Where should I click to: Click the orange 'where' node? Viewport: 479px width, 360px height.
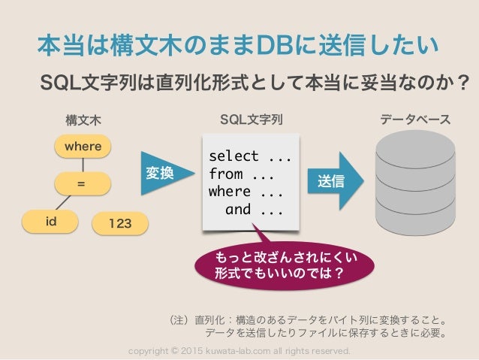pyautogui.click(x=83, y=146)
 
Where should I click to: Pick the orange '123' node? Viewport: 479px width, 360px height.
pyautogui.click(x=120, y=222)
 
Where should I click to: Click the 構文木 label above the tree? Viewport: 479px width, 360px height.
pyautogui.click(x=83, y=120)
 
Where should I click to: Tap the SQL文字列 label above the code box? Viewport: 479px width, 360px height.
pyautogui.click(x=251, y=119)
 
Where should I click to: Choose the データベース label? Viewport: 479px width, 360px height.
pyautogui.click(x=415, y=119)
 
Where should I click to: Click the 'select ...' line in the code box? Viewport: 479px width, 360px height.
pyautogui.click(x=249, y=156)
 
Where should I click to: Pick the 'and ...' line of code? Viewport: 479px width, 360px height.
pyautogui.click(x=254, y=210)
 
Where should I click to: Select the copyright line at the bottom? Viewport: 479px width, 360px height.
pyautogui.click(x=239, y=351)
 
